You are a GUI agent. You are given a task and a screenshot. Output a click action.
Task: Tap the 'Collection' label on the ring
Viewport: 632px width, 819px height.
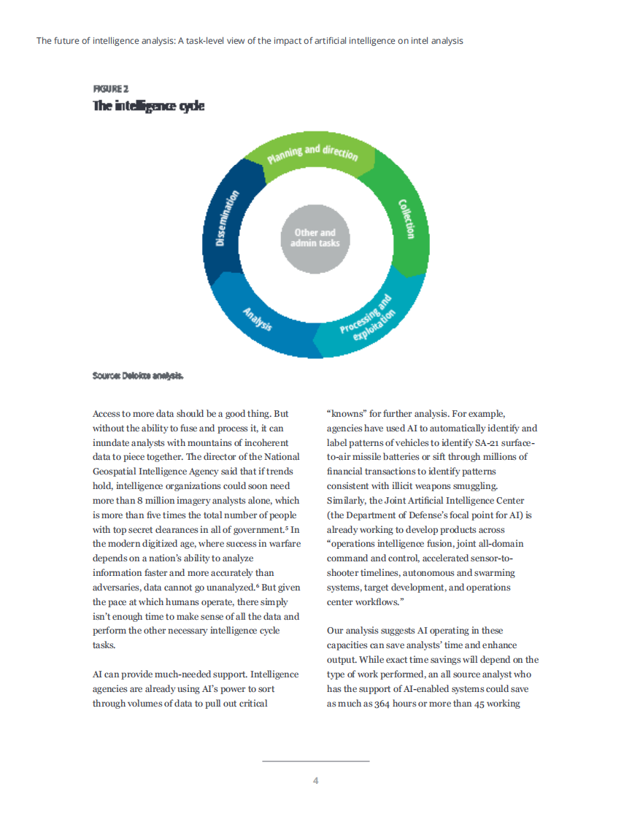[x=406, y=218]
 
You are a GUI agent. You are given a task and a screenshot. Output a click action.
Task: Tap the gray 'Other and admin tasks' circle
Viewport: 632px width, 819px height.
[x=315, y=238]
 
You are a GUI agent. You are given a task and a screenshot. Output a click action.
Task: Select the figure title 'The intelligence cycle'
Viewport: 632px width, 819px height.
[x=148, y=107]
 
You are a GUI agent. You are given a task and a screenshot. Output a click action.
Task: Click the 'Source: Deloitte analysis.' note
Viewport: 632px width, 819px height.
[x=138, y=377]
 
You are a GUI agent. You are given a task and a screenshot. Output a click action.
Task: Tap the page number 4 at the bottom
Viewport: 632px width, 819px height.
[x=315, y=781]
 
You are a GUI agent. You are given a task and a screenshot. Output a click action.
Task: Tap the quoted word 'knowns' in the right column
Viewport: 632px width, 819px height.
[x=350, y=414]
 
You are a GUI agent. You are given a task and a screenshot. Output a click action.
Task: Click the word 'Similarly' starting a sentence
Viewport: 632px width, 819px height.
[x=349, y=501]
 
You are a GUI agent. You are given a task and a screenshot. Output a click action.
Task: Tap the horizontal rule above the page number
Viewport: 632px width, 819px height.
[x=315, y=761]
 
